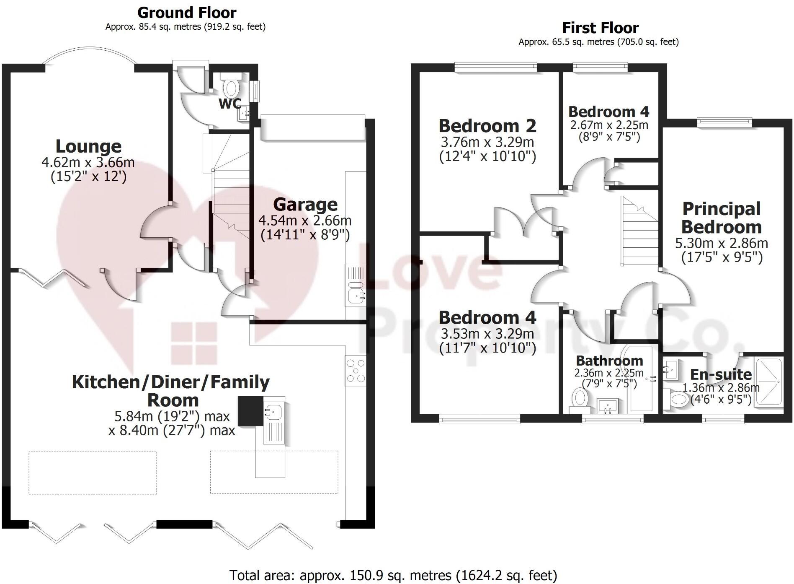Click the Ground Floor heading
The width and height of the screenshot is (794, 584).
187,13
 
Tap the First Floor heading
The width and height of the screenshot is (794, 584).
600,28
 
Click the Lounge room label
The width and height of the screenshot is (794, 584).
89,146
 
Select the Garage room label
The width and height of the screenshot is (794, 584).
305,205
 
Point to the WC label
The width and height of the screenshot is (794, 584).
230,104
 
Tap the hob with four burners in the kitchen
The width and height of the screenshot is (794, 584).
356,371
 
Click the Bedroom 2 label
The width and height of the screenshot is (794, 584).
487,126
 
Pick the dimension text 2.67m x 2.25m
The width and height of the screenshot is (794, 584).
609,125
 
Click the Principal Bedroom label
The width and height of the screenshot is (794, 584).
721,218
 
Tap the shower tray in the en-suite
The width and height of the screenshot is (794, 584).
768,382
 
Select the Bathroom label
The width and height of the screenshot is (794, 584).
609,361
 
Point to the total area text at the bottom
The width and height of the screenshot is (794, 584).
393,575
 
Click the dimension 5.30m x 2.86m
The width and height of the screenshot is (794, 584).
721,243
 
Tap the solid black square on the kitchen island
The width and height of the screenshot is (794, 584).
250,411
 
